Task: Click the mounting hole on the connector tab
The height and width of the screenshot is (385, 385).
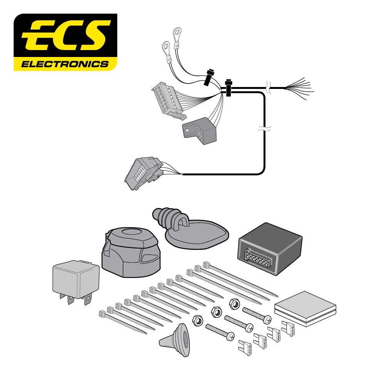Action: (x=188, y=130)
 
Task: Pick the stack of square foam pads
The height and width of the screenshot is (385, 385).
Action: (x=305, y=308)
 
